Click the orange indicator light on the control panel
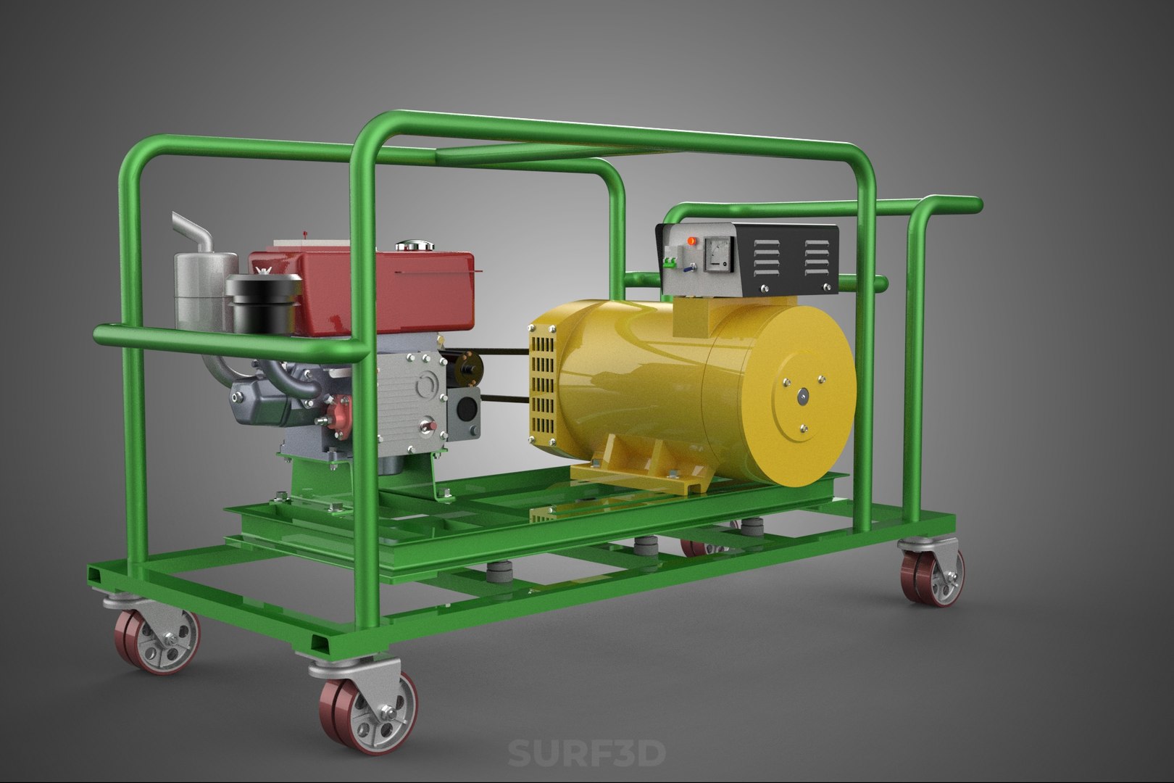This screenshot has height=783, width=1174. (x=690, y=240)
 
